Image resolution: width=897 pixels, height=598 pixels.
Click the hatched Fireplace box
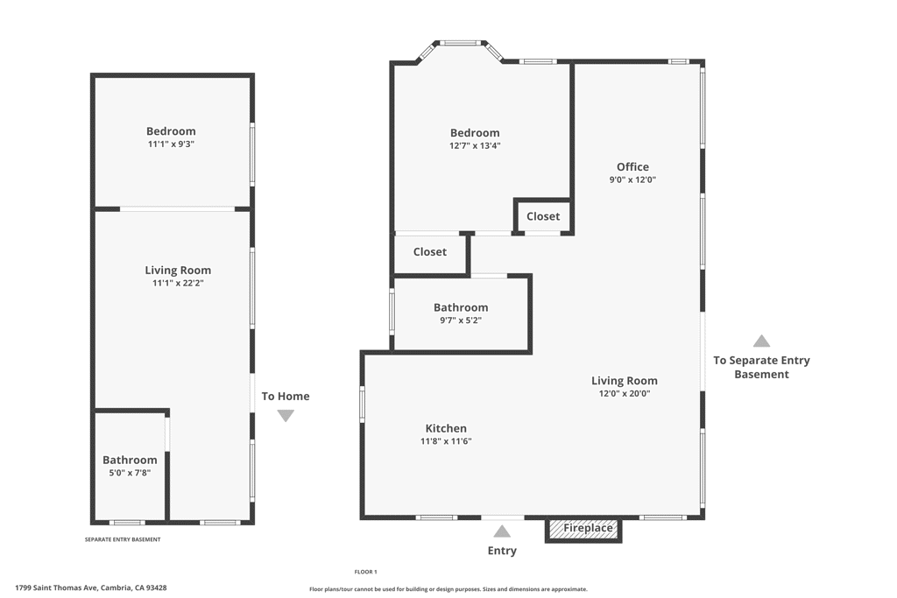tap(583, 529)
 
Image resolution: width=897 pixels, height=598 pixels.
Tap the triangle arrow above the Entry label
tap(502, 531)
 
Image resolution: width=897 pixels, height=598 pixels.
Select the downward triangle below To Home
tap(286, 416)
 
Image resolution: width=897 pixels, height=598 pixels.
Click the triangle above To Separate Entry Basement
tap(761, 341)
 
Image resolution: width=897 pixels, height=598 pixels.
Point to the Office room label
tap(632, 166)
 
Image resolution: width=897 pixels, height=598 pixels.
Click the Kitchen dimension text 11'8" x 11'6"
tap(446, 441)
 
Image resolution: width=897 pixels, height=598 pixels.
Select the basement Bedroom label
tap(171, 131)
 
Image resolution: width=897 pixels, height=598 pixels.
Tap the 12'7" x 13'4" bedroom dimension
tap(475, 146)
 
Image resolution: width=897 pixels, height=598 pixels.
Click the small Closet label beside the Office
tap(543, 216)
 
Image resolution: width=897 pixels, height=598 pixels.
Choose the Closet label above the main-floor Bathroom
tap(430, 252)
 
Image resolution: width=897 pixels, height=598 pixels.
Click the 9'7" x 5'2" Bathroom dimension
tap(461, 320)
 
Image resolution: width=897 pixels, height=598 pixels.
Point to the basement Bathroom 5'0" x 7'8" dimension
tap(130, 473)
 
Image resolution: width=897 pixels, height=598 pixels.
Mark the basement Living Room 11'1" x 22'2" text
tap(178, 283)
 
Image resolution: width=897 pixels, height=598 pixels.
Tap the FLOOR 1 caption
tap(365, 572)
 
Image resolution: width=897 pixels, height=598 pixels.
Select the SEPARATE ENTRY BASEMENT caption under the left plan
tap(123, 539)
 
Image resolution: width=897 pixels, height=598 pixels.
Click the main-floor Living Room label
tap(624, 380)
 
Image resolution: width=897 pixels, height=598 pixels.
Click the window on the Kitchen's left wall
tap(362, 405)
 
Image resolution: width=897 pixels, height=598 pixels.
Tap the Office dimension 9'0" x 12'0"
tap(632, 179)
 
